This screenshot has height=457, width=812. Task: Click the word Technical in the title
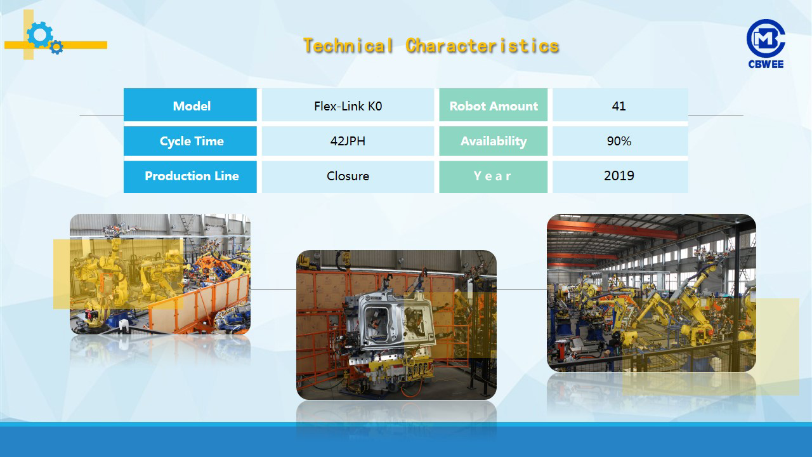(348, 46)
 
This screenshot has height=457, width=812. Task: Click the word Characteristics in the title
(482, 46)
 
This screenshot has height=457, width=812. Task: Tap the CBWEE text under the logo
(766, 64)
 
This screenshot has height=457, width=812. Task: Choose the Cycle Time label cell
(190, 141)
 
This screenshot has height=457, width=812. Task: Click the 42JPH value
(348, 141)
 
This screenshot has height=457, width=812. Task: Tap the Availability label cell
(494, 141)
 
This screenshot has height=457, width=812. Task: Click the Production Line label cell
(190, 176)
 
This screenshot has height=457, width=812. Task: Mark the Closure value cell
(348, 176)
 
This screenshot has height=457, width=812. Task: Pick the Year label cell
(494, 176)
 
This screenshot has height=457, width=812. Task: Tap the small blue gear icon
(56, 47)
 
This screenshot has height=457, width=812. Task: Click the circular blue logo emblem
(766, 38)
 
